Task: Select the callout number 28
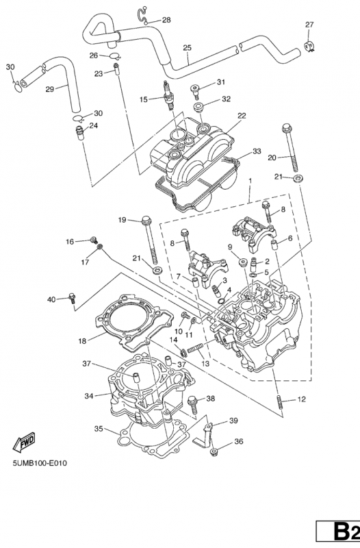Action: pyautogui.click(x=166, y=20)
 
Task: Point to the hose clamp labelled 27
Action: pyautogui.click(x=308, y=46)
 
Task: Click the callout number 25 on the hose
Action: pyautogui.click(x=187, y=47)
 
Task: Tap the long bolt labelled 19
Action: pyautogui.click(x=150, y=240)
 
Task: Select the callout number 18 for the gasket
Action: pyautogui.click(x=82, y=340)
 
